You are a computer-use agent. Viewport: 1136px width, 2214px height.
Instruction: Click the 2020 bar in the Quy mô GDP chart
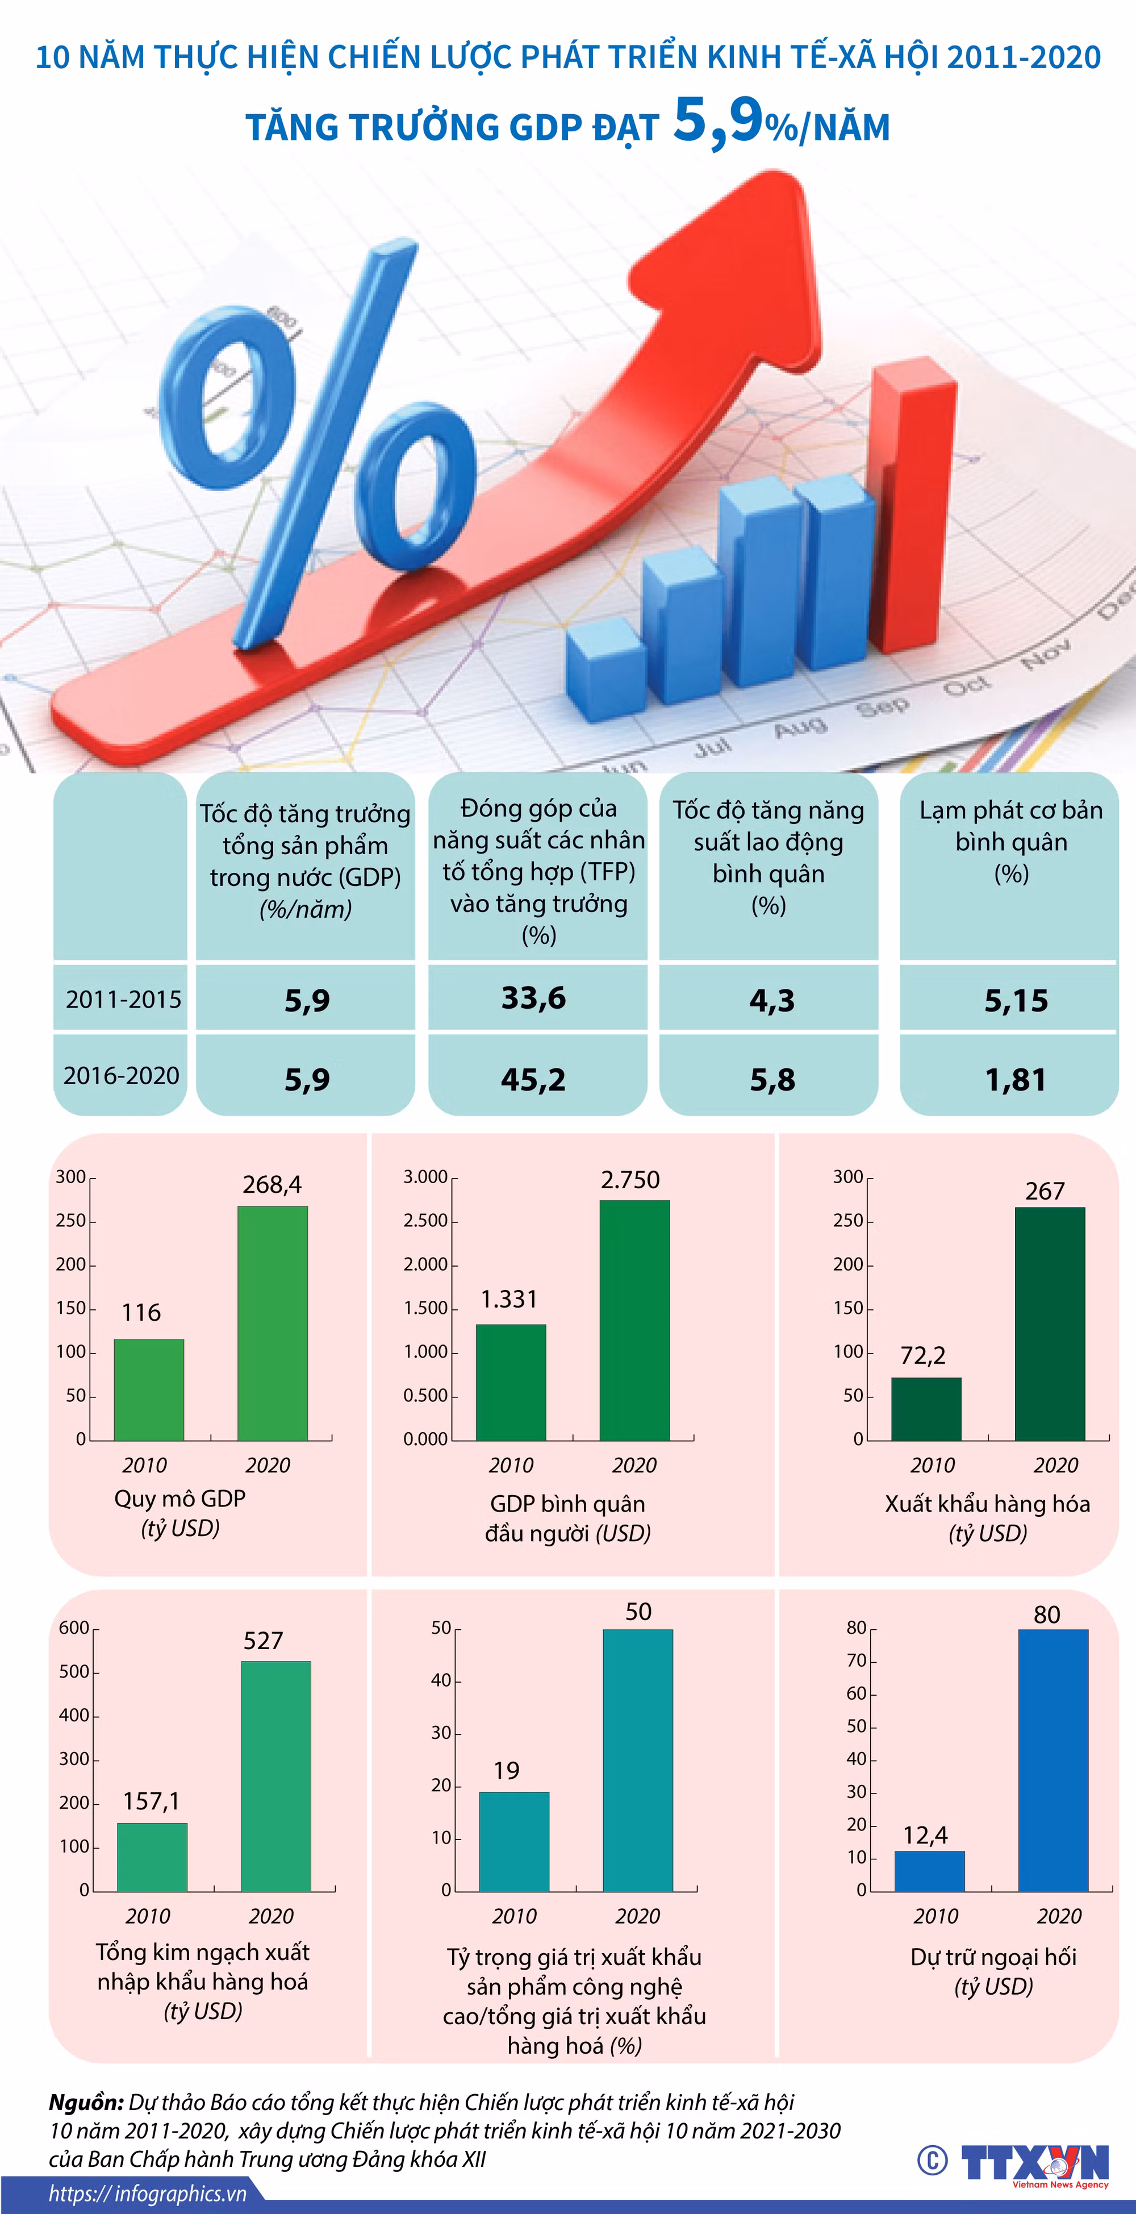tap(273, 1323)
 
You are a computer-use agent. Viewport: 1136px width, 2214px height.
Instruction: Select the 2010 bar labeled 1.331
tap(511, 1382)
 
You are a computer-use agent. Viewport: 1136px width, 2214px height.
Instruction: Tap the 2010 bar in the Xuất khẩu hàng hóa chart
tap(926, 1409)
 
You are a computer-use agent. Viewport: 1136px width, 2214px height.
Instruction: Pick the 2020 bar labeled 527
tap(276, 1776)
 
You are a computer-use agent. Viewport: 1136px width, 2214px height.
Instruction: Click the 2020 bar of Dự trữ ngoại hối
tap(1054, 1760)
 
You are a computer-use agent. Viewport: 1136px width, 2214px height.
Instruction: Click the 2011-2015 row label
tap(124, 998)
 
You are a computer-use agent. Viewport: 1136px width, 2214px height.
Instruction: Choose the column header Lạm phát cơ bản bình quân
tap(1012, 842)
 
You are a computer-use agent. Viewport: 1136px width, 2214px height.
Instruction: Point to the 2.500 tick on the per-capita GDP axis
tap(426, 1221)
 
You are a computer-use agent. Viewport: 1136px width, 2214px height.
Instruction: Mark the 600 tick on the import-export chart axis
tap(74, 1628)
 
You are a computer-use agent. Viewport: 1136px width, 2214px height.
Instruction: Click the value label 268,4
tap(273, 1184)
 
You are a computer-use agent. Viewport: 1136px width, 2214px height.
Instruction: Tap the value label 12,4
tap(925, 1836)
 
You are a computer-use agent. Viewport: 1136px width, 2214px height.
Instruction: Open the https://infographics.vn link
tap(148, 2194)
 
